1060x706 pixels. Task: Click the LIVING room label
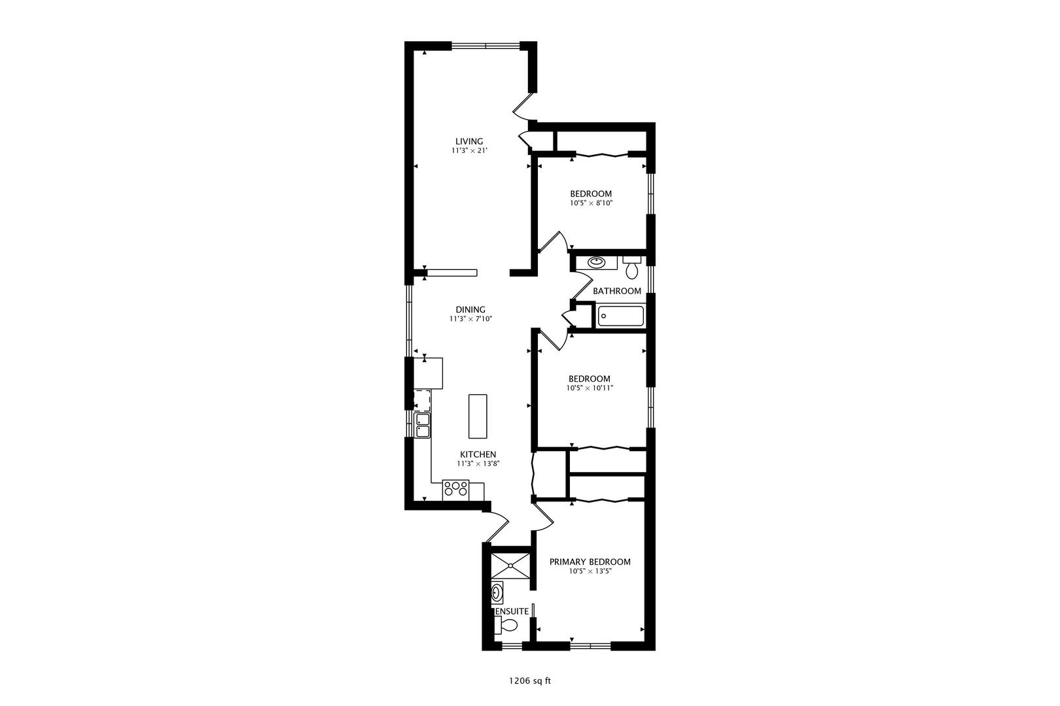click(469, 141)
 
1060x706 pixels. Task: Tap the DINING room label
click(470, 310)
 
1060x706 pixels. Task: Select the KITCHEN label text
click(478, 454)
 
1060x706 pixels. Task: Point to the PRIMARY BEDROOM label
click(590, 562)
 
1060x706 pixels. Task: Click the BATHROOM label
click(617, 291)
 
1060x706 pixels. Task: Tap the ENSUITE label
click(511, 611)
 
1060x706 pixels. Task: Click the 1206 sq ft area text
click(530, 681)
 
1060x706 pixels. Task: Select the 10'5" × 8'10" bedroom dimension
click(591, 203)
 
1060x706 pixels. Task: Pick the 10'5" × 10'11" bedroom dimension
click(590, 388)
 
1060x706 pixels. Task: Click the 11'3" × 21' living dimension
click(469, 151)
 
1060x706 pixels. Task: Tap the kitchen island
click(478, 416)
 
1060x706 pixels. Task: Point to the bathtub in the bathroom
click(620, 316)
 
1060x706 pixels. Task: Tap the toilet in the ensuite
click(506, 626)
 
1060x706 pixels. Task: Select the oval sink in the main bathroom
click(597, 262)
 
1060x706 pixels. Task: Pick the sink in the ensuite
click(497, 593)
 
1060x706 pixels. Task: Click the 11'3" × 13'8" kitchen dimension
click(478, 464)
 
